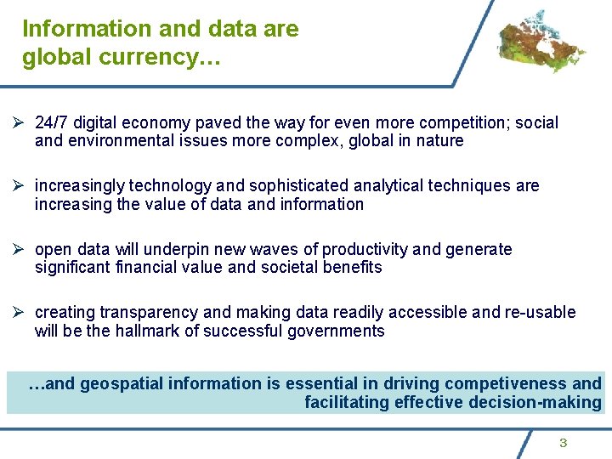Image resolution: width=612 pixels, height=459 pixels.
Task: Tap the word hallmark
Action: coord(144,331)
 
